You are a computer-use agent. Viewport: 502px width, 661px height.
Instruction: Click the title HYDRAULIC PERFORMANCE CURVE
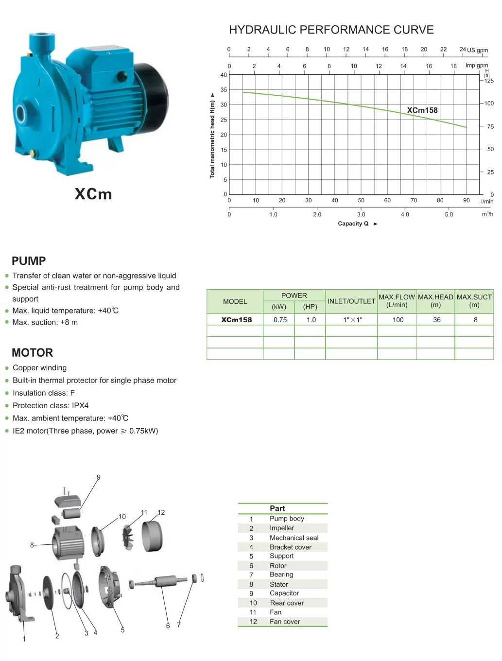331,30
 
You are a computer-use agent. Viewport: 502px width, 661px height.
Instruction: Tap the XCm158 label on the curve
422,110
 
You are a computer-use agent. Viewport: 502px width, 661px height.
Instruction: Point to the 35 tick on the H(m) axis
224,90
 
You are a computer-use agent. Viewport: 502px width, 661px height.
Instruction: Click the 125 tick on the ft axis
489,81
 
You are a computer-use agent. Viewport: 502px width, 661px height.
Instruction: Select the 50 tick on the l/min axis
361,200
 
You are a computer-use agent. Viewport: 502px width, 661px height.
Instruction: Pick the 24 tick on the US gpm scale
463,49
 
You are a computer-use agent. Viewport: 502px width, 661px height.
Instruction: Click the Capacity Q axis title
353,224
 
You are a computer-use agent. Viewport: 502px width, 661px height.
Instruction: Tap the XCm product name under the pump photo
93,194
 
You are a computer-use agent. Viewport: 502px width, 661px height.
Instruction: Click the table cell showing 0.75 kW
280,320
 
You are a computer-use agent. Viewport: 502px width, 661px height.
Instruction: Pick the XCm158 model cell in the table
236,320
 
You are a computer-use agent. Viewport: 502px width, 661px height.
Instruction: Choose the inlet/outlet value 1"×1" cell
352,320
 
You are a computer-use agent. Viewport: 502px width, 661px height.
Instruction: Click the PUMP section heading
29,261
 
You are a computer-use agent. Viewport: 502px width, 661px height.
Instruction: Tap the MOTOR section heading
32,353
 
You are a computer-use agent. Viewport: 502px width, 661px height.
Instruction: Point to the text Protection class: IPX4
51,405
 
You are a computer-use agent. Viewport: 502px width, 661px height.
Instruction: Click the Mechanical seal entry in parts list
294,538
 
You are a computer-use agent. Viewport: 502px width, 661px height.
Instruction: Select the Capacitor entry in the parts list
284,593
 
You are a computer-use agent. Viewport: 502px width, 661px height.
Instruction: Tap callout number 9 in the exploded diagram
99,477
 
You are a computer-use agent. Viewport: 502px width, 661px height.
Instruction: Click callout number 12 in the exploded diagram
161,512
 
